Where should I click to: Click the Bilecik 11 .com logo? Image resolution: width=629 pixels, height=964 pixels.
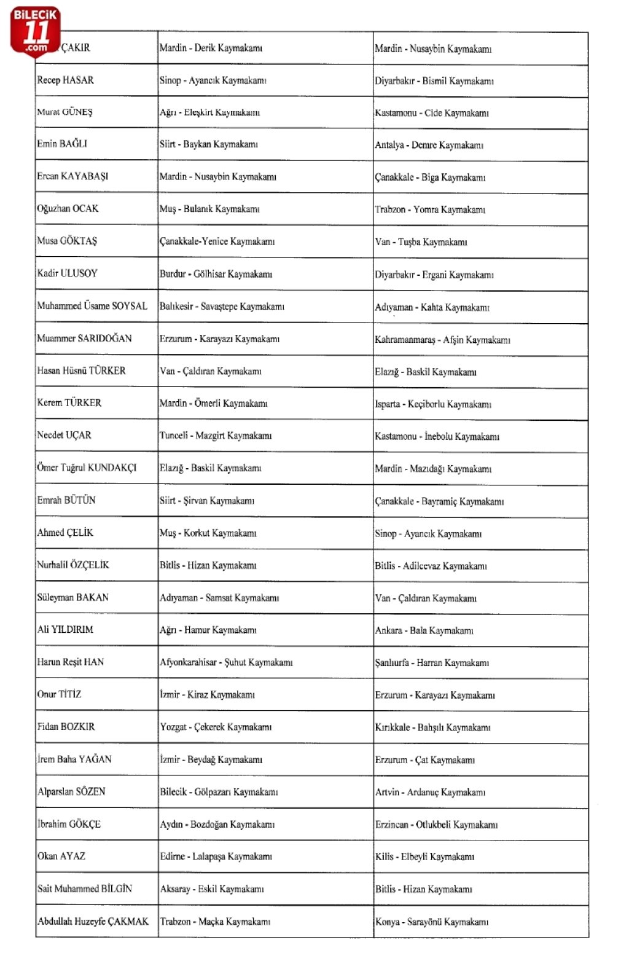pos(36,31)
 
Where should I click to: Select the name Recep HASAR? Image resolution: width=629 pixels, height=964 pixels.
pos(66,80)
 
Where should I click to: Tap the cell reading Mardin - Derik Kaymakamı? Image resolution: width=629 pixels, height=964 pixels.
pos(211,48)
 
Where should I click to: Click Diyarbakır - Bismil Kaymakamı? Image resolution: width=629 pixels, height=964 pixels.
pos(434,80)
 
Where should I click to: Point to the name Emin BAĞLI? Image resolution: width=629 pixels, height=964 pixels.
pos(62,144)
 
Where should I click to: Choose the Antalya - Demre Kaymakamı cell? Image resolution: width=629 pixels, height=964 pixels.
pos(429,145)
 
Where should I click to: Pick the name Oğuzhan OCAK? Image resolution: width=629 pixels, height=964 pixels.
pos(68,208)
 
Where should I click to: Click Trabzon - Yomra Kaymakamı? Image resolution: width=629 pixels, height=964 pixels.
pos(430,210)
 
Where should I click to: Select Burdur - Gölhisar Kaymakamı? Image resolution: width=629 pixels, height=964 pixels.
pos(216,274)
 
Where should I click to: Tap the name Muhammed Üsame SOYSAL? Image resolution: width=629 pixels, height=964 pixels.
pos(92,305)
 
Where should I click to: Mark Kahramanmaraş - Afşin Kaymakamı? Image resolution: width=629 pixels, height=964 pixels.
pos(442,340)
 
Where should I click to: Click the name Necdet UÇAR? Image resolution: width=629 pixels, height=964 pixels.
pos(64,435)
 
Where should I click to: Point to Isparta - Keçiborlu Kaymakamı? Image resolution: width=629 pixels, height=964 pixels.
pos(433,404)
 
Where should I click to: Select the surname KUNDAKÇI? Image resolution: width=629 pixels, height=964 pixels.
pos(112,468)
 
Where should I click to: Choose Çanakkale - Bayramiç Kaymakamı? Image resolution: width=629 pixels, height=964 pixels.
pos(439,501)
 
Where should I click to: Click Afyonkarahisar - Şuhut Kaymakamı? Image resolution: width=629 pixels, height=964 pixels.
pos(226,662)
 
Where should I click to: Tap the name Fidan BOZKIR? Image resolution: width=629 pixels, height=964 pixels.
pos(66,726)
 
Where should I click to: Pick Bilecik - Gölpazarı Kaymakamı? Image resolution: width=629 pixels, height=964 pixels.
pos(219,792)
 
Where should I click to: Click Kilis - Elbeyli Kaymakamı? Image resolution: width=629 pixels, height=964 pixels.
pos(424,856)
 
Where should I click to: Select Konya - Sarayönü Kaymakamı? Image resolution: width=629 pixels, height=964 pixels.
pos(432,922)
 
